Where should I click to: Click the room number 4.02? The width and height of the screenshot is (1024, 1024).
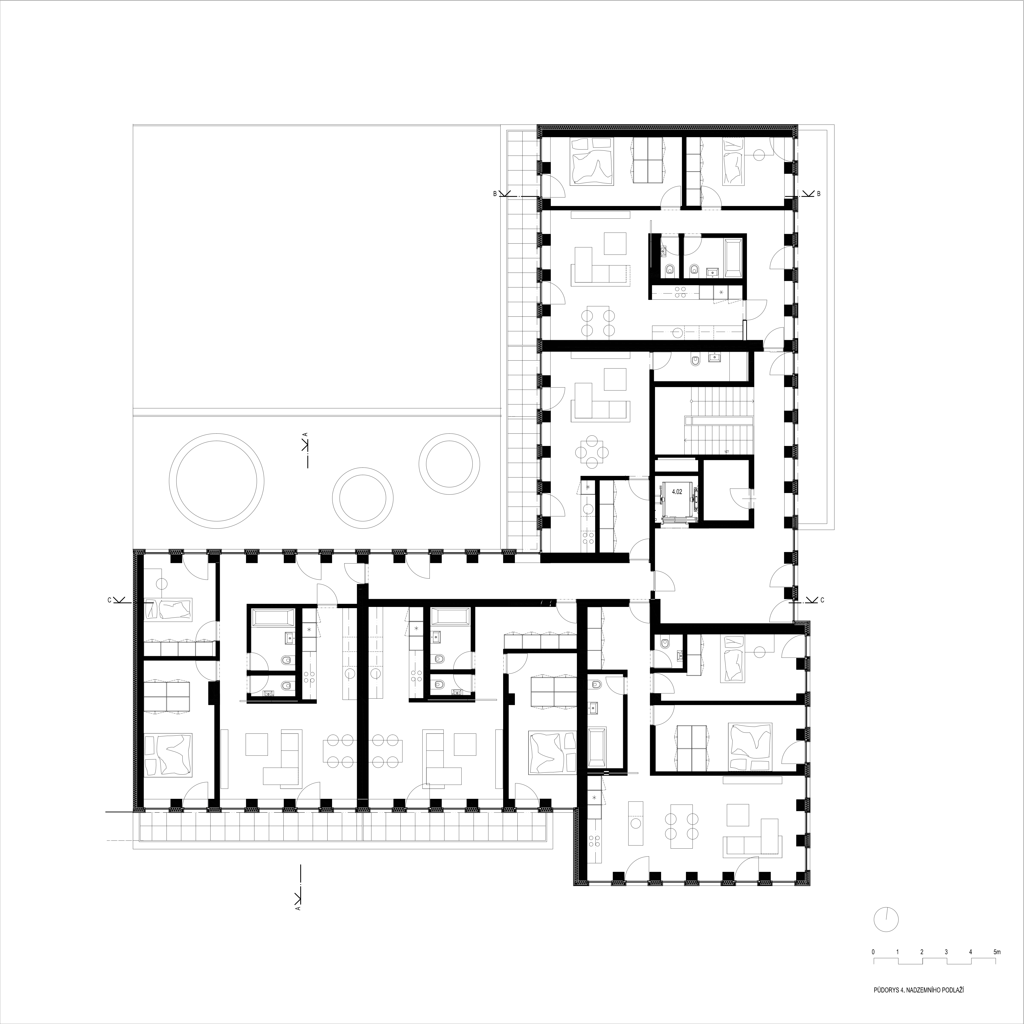point(677,492)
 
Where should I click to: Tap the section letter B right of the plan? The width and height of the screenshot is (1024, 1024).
point(818,194)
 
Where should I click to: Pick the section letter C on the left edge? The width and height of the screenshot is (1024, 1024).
point(109,600)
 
